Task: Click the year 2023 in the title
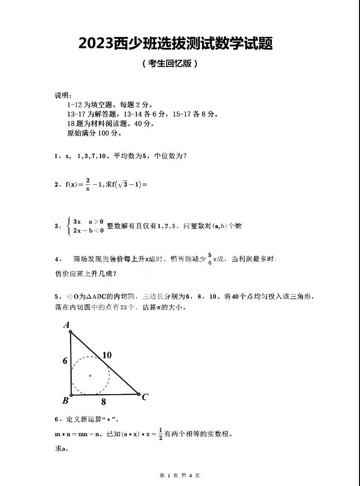pyautogui.click(x=96, y=44)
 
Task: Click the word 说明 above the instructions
pyautogui.click(x=63, y=95)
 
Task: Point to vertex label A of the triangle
pyautogui.click(x=67, y=325)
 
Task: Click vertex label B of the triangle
pyautogui.click(x=65, y=400)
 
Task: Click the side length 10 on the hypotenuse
pyautogui.click(x=107, y=355)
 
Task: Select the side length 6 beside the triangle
pyautogui.click(x=65, y=361)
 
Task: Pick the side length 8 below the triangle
pyautogui.click(x=103, y=402)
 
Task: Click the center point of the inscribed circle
pyautogui.click(x=90, y=375)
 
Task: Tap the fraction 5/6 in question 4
pyautogui.click(x=209, y=259)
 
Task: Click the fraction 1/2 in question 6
pyautogui.click(x=160, y=435)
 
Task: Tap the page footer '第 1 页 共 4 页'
pyautogui.click(x=180, y=475)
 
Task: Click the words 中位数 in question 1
pyautogui.click(x=166, y=156)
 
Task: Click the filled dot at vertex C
pyautogui.click(x=139, y=395)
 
